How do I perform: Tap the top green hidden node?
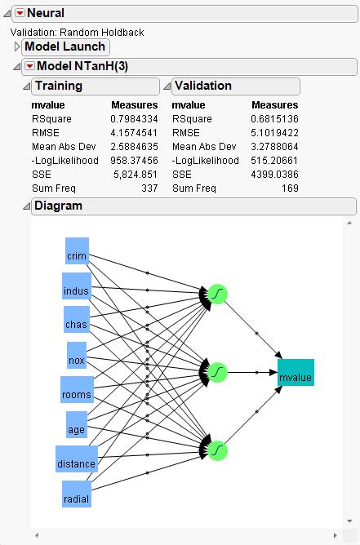(x=217, y=294)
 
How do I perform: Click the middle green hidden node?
(x=217, y=372)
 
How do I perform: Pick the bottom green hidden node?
(x=217, y=450)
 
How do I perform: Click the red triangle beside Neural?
(x=20, y=13)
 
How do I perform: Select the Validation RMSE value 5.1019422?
(x=275, y=133)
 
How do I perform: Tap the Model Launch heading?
(x=64, y=47)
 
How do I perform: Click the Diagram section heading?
(x=58, y=206)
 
